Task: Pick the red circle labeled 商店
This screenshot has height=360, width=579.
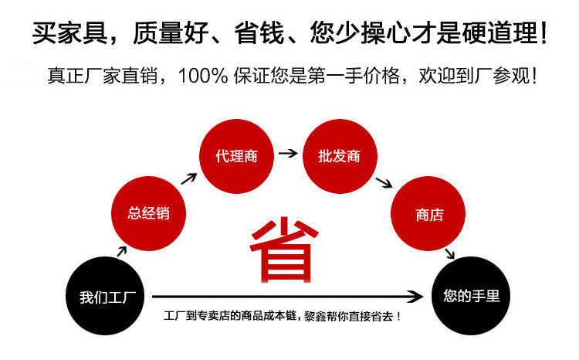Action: coord(429,215)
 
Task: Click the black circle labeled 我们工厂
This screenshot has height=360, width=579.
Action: coord(106,297)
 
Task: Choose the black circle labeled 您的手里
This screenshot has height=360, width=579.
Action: coord(471,295)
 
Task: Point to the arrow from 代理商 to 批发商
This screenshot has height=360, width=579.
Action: coord(287,153)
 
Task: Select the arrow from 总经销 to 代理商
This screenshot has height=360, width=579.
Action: coord(188,178)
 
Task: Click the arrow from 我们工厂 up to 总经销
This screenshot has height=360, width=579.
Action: coord(121,249)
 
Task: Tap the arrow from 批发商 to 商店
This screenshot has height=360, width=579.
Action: coord(382,183)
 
